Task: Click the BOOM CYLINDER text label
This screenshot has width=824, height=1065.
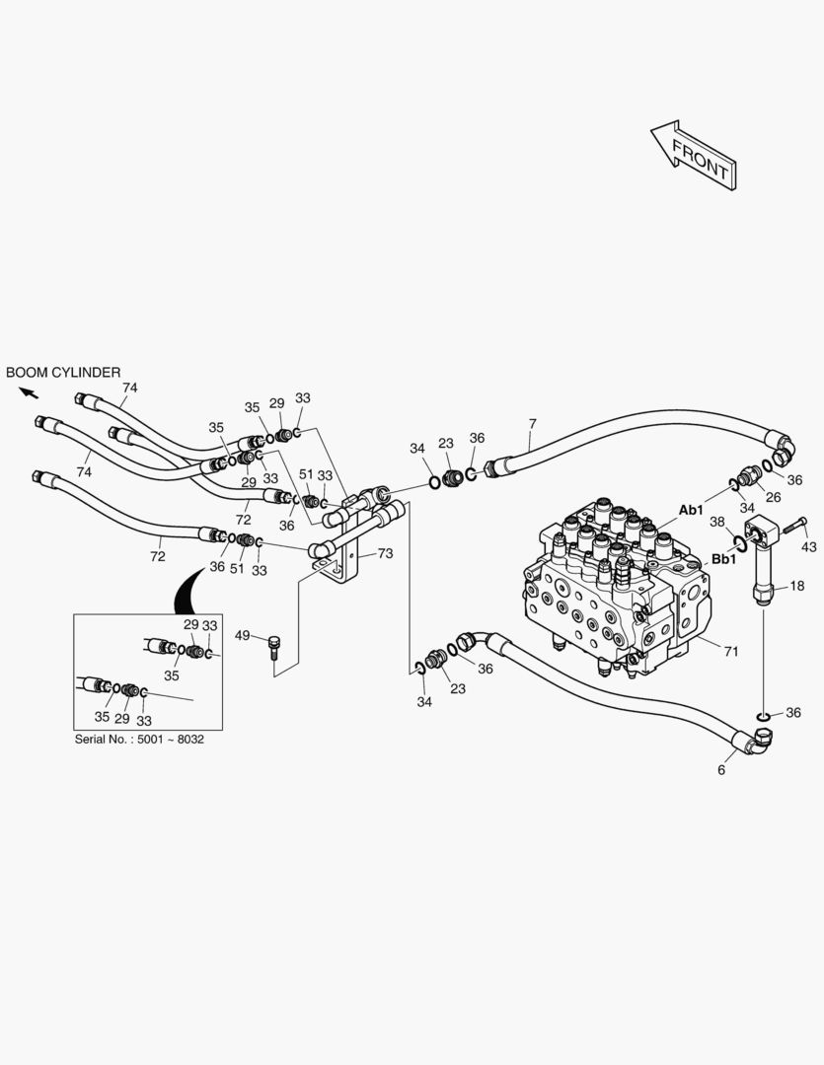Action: tap(63, 373)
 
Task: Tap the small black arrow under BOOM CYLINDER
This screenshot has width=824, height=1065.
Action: tap(29, 392)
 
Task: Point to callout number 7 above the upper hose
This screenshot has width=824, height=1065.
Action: tap(532, 424)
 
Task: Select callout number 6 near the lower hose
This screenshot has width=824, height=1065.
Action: tap(721, 770)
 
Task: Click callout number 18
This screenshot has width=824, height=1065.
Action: tap(797, 586)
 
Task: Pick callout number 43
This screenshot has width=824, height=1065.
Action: tap(808, 546)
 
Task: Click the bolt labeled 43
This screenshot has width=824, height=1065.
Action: tap(792, 528)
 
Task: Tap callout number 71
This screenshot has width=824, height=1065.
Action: tap(731, 651)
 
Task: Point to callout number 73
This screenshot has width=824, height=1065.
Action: tap(384, 554)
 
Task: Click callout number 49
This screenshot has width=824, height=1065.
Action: tap(242, 635)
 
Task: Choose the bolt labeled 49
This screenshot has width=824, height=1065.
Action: tap(273, 648)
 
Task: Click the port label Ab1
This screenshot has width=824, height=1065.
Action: tap(691, 510)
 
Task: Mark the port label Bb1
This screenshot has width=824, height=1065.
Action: tap(724, 559)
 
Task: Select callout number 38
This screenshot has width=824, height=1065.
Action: tap(717, 522)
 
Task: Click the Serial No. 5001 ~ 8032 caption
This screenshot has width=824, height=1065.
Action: tap(139, 739)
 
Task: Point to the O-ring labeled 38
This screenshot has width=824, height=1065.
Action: tap(739, 539)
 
